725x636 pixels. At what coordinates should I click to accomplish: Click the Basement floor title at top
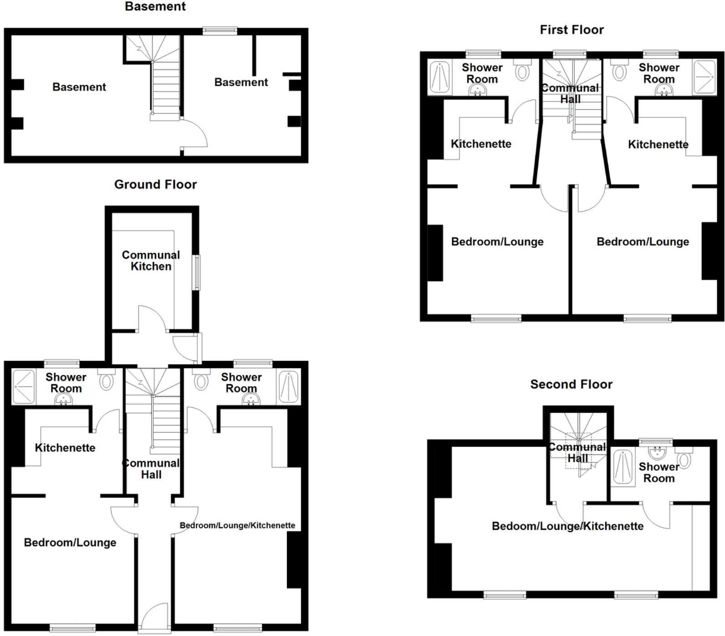tap(155, 7)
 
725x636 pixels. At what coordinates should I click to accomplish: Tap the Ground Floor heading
tap(155, 185)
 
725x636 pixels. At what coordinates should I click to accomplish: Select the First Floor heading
tap(572, 30)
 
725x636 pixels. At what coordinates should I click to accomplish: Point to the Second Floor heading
tap(571, 385)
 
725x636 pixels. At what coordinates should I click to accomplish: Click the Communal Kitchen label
tap(151, 261)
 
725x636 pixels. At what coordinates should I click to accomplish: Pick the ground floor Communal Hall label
tap(151, 469)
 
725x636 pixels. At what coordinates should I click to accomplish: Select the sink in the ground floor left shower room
tap(63, 400)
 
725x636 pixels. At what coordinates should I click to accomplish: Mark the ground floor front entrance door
tap(155, 618)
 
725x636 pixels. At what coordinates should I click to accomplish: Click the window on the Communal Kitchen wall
tap(196, 272)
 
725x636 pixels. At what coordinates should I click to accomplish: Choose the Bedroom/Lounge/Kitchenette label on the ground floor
tap(237, 525)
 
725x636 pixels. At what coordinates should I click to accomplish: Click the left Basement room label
tap(79, 87)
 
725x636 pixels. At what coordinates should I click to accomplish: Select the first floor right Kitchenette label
tap(658, 144)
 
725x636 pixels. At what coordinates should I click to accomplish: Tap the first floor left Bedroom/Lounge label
tap(497, 241)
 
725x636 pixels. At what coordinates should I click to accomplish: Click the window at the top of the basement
tap(220, 31)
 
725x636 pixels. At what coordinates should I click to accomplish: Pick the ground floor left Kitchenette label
tap(65, 448)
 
